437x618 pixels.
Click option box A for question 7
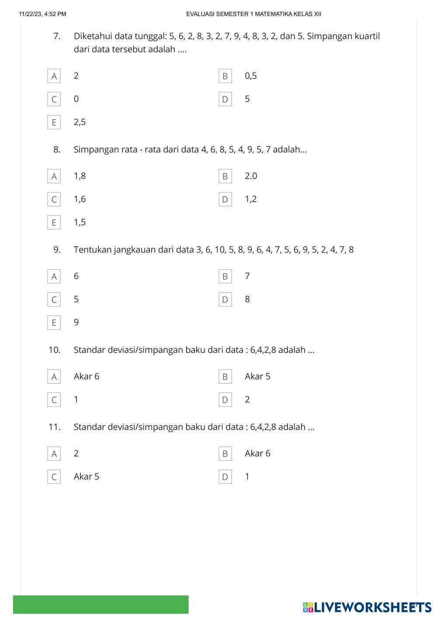coord(54,76)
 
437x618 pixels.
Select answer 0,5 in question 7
coord(251,76)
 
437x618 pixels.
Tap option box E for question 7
coord(54,122)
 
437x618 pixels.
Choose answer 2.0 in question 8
coord(251,176)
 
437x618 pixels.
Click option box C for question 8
coord(54,200)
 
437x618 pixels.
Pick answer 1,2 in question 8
coord(251,199)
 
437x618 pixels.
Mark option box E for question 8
coord(54,222)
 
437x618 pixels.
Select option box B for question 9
coord(225,276)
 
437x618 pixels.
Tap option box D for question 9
coord(225,300)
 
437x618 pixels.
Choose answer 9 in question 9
coord(76,322)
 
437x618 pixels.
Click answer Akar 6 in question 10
coord(87,376)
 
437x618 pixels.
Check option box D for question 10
coord(225,400)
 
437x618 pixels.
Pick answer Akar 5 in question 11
coord(87,476)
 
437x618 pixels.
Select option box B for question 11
coord(225,454)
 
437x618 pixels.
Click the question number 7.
coord(57,36)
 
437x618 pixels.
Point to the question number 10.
coord(55,350)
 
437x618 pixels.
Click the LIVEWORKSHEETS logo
coord(367,607)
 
